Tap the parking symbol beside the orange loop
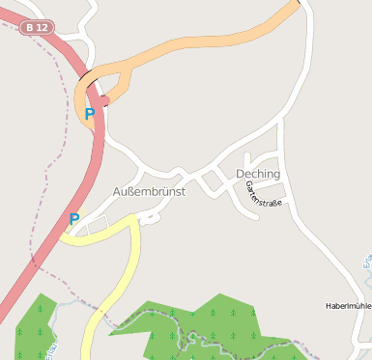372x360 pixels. (90, 115)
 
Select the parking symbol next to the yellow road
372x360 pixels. (73, 220)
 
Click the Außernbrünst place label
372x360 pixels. (149, 191)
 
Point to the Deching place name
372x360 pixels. (258, 174)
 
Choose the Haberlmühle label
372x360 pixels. (348, 306)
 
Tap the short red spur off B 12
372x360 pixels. (102, 99)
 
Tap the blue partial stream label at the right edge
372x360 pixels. (367, 261)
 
